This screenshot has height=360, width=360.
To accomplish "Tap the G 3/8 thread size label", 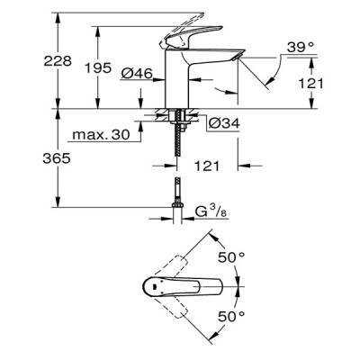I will coord(217,213).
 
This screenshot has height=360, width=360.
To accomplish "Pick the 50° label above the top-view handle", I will coord(236,256).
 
